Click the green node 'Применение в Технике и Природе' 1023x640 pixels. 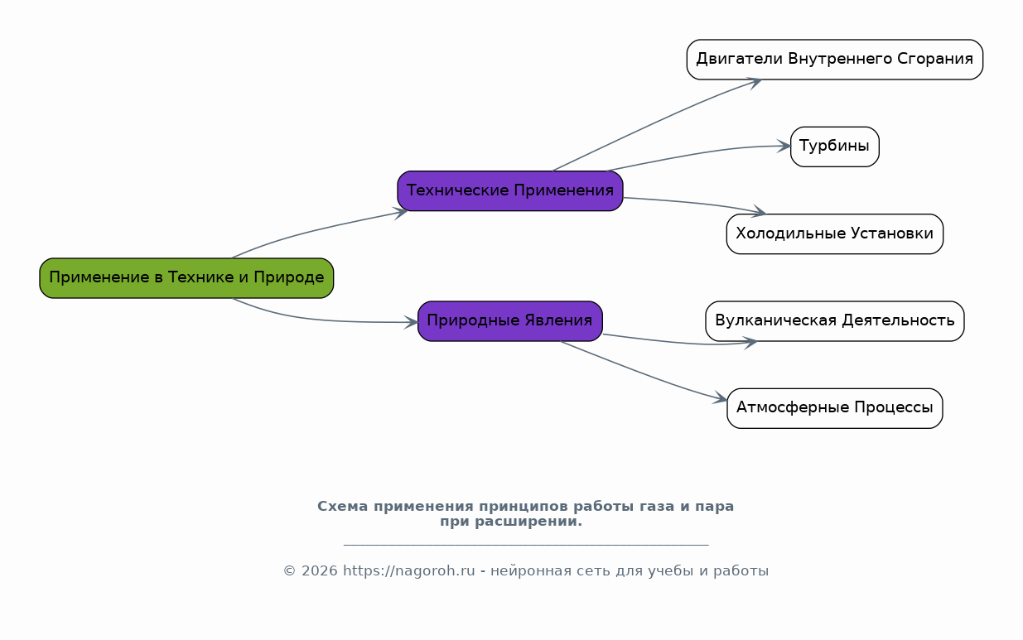[186, 277]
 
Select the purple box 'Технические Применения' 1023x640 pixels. [509, 190]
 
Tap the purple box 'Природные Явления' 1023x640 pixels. [509, 320]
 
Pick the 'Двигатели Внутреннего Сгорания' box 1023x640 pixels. [834, 59]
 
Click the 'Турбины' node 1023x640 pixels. [834, 147]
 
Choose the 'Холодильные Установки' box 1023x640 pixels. [834, 233]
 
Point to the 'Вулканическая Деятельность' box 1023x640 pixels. [834, 320]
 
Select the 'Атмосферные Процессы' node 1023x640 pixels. [834, 407]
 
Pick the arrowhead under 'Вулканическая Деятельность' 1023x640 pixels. [750, 342]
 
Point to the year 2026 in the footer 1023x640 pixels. [320, 570]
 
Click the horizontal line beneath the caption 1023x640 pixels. [525, 545]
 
